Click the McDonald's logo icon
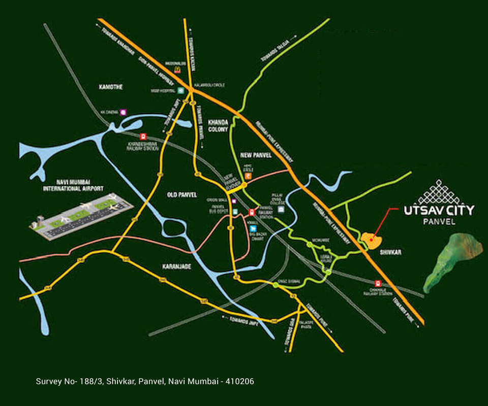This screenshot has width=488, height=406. (x=178, y=70)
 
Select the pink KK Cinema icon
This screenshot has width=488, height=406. (x=123, y=112)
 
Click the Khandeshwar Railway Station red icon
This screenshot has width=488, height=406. (x=143, y=136)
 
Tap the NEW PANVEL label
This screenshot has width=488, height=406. (x=256, y=155)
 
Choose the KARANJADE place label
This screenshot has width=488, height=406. (x=176, y=266)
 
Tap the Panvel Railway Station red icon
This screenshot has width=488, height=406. (x=251, y=213)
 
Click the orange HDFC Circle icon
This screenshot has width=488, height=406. (x=248, y=176)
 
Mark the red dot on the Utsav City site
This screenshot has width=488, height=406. (x=372, y=239)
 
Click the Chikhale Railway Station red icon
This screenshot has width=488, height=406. (x=378, y=283)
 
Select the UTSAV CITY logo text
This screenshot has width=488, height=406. (x=438, y=210)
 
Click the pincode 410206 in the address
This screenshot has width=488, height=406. (x=240, y=381)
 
